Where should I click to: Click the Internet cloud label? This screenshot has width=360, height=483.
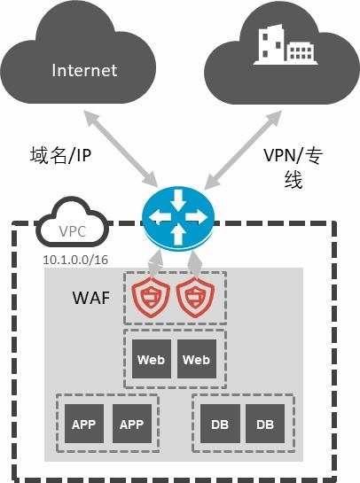click(85, 70)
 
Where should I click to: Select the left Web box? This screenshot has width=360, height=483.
click(149, 360)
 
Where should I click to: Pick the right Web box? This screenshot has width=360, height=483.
click(196, 360)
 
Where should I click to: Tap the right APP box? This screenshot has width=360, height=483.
click(130, 425)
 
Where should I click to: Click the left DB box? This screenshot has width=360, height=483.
click(218, 425)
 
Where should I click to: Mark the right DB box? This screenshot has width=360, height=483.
click(265, 425)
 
